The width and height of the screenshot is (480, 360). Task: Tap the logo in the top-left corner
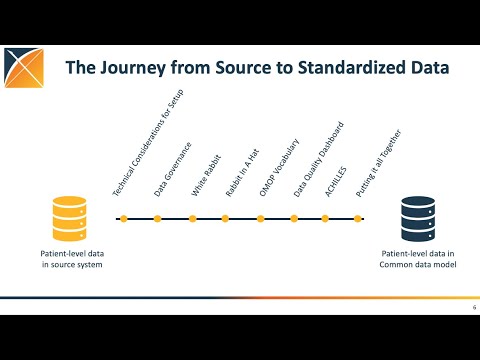24,68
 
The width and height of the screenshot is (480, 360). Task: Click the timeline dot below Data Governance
157,218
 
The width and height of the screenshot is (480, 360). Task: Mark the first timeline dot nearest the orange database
123,218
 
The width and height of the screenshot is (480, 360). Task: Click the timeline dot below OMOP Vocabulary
259,218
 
